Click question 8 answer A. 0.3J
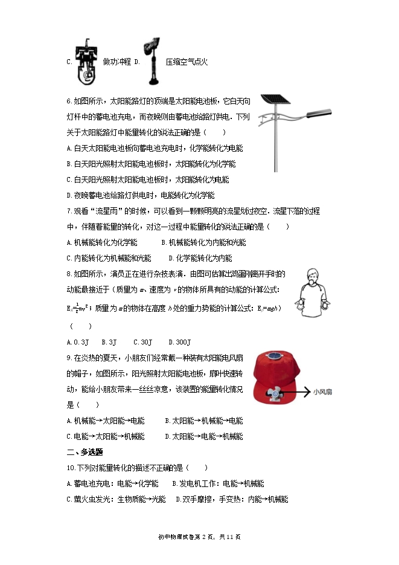pos(78,341)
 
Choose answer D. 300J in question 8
pos(179,341)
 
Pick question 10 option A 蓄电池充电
pos(112,483)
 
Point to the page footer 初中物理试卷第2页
pos(199,537)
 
